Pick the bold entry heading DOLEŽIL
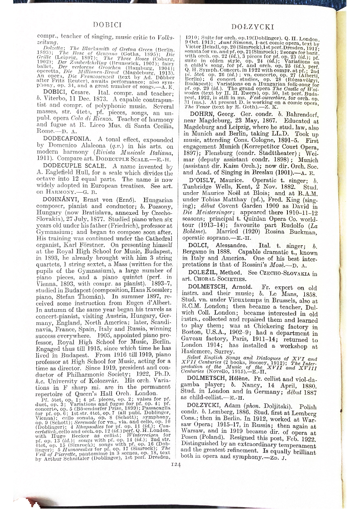[x=206, y=273]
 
